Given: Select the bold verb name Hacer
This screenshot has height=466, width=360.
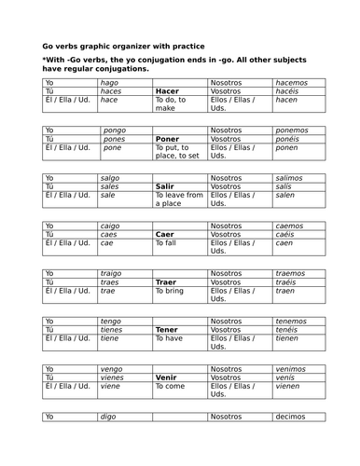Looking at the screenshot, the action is click(167, 91).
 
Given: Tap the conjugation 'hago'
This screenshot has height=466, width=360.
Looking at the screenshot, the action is click(110, 83).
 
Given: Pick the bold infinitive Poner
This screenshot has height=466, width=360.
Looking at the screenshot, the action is click(167, 139).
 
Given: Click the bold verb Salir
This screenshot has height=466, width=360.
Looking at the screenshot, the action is click(165, 186).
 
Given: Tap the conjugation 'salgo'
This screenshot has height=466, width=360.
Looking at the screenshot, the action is click(111, 178).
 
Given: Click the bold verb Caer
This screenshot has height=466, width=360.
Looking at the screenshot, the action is click(165, 234).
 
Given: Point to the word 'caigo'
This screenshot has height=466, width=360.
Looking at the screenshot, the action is click(112, 226).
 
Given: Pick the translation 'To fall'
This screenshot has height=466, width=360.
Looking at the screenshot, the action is click(170, 242).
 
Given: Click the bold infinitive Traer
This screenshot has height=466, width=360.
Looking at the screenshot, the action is click(166, 282).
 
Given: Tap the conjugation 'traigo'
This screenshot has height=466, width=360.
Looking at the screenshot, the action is click(113, 274).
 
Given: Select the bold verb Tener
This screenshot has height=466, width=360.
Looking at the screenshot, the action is click(167, 330).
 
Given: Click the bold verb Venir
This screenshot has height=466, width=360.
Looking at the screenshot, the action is click(166, 377).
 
